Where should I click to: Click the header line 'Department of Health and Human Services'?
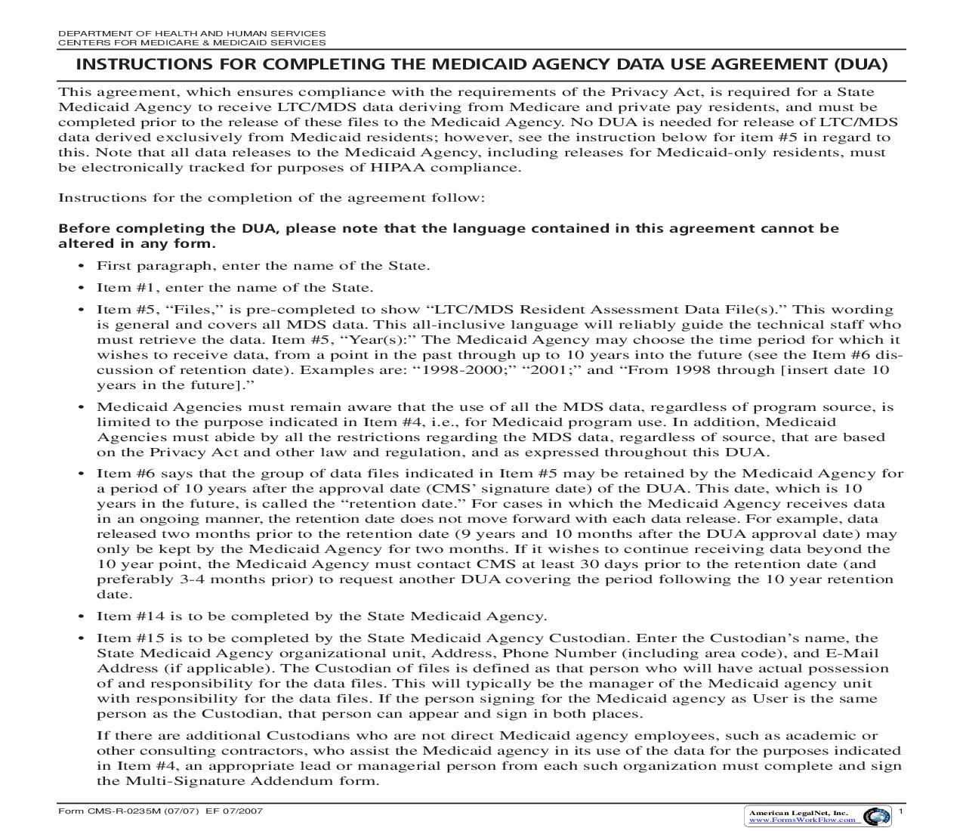192,33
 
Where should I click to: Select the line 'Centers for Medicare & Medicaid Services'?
192,42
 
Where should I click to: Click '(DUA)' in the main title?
860,64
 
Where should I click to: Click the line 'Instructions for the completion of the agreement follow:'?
271,198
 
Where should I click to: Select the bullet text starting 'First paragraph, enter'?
263,266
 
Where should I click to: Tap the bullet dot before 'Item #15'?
82,638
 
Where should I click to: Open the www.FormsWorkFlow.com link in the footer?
802,820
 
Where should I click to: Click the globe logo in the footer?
876,816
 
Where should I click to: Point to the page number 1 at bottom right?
901,811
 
